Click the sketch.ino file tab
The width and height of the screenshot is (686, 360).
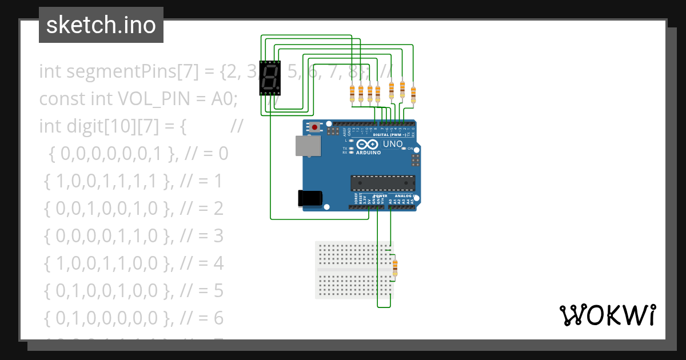click(101, 25)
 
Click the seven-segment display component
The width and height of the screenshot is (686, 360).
click(270, 78)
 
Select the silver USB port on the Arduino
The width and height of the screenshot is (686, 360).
click(308, 146)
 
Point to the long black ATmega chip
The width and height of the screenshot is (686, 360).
click(382, 183)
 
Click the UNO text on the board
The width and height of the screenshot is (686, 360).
click(392, 144)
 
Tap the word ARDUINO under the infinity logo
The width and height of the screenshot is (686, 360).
click(369, 153)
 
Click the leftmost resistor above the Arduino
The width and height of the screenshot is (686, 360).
click(352, 93)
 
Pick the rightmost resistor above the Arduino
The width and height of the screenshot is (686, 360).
click(413, 93)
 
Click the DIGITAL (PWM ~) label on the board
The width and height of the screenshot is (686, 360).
click(388, 134)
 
